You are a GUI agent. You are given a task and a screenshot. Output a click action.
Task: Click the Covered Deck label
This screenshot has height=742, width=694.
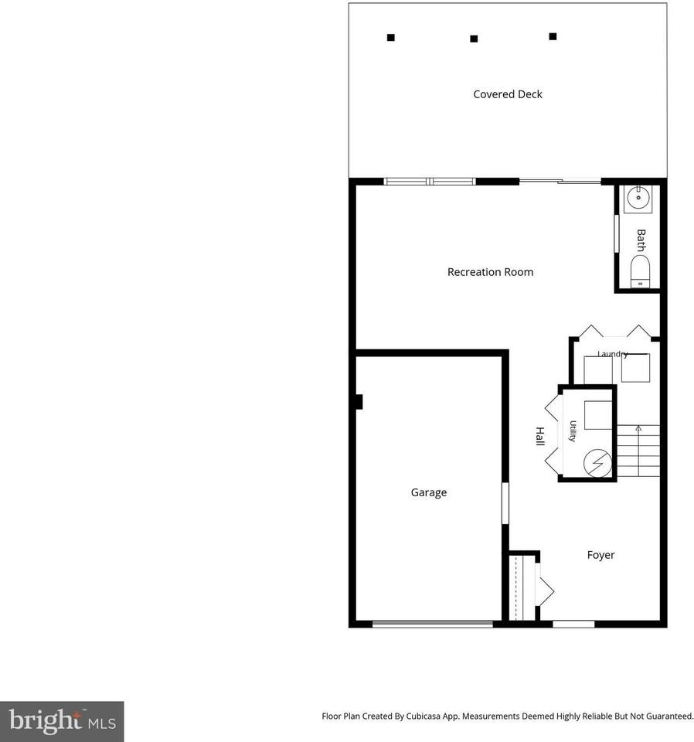508,94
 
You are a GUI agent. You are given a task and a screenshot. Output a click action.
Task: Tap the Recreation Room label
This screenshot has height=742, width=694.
490,272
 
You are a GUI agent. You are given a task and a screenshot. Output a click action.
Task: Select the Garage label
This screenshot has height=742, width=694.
429,492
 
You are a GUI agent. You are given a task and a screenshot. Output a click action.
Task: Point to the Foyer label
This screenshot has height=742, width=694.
600,555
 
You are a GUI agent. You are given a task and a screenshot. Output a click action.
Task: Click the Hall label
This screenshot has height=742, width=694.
539,436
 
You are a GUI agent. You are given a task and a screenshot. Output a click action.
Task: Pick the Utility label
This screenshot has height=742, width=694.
573,431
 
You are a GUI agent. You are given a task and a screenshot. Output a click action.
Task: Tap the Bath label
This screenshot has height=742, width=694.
641,240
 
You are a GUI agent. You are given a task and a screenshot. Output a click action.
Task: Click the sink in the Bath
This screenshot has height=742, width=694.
638,197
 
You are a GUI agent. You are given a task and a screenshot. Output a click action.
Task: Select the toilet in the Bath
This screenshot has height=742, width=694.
640,271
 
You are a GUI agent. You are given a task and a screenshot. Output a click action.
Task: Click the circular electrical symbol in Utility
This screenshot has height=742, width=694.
597,463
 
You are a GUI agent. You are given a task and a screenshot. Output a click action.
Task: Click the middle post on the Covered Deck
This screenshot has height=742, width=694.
474,39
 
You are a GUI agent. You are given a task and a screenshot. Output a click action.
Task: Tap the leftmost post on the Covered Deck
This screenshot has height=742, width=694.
391,38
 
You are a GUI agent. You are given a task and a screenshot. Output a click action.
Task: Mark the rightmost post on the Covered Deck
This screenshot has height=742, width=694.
553,36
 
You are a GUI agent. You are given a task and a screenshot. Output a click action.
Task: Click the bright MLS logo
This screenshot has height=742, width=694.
62,721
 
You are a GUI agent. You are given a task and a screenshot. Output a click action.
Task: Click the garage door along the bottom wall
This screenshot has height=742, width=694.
432,625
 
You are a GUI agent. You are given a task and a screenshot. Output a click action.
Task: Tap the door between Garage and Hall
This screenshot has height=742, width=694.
505,503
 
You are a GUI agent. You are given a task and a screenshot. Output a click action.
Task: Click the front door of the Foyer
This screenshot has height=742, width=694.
573,625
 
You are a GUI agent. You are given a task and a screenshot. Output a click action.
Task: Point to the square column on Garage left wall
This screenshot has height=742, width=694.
359,402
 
